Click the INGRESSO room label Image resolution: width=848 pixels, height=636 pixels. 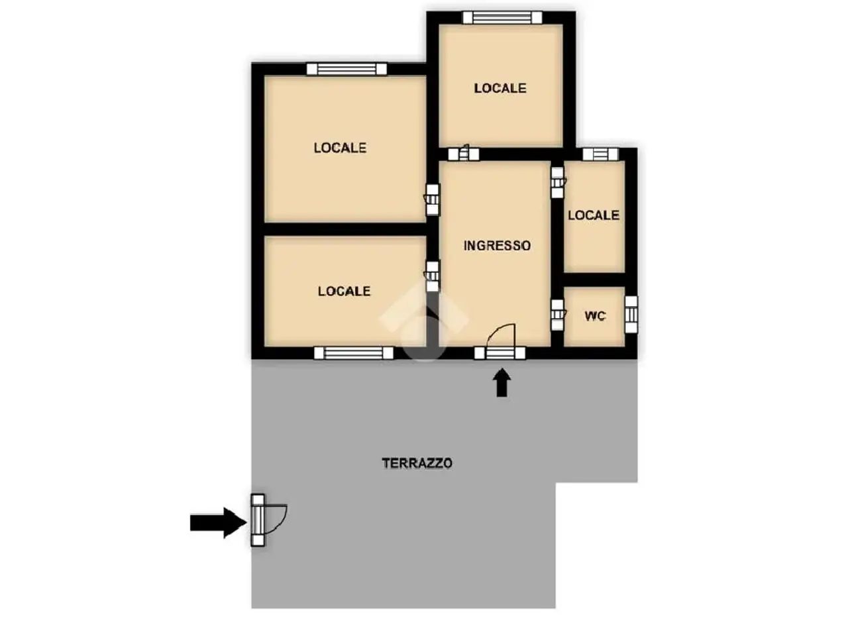[x=497, y=246]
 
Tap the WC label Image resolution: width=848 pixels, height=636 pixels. [x=595, y=316]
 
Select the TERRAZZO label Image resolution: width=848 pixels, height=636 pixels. [x=417, y=463]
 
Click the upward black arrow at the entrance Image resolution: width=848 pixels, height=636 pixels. [x=502, y=383]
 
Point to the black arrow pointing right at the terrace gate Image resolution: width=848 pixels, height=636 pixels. [x=218, y=523]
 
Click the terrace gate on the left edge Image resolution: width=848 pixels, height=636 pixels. [x=258, y=520]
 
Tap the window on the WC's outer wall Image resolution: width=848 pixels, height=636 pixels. [x=631, y=315]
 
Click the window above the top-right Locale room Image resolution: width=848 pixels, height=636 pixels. [x=502, y=18]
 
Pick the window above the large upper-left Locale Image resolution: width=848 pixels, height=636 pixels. [x=346, y=69]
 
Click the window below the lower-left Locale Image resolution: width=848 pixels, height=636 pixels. [x=354, y=353]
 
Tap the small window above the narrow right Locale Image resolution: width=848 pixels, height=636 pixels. [x=600, y=154]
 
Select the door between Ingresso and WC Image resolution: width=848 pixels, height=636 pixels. [x=557, y=315]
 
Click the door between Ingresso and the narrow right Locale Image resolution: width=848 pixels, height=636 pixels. [x=557, y=182]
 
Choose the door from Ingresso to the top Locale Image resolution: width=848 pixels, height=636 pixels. [x=464, y=154]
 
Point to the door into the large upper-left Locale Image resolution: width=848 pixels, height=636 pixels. [x=433, y=199]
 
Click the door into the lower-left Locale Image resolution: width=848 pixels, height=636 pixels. [x=433, y=276]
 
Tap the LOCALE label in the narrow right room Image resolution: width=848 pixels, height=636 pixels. [x=594, y=215]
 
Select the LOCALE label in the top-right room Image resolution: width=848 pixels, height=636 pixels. [x=500, y=88]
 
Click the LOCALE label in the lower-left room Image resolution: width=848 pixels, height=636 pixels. [x=344, y=291]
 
